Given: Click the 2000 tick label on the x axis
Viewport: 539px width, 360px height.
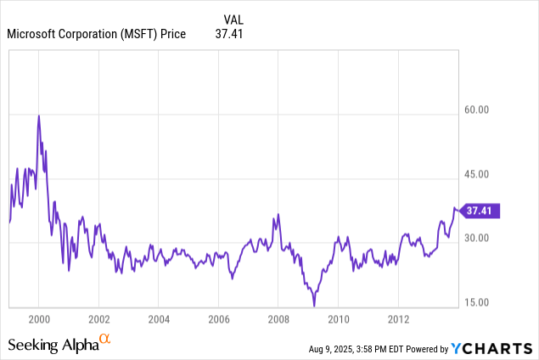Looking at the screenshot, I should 38,318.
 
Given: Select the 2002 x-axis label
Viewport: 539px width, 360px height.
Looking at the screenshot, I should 98,318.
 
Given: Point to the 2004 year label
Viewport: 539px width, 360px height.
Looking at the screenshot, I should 159,318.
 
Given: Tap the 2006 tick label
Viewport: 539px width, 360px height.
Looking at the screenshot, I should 218,318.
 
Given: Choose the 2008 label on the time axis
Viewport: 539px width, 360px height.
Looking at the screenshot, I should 278,318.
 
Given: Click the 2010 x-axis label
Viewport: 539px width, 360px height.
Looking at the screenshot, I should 339,318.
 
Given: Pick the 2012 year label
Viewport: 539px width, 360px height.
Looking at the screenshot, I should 399,318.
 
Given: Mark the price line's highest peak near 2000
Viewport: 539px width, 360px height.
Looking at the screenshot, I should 38,115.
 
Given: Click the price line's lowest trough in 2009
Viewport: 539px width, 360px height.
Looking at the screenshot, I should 314,304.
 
